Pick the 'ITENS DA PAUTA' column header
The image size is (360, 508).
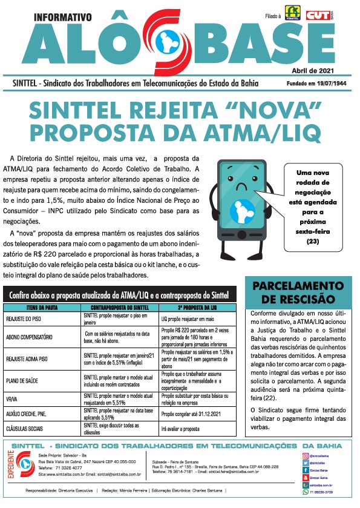point(41,308)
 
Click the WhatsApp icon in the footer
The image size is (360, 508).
point(304,492)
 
